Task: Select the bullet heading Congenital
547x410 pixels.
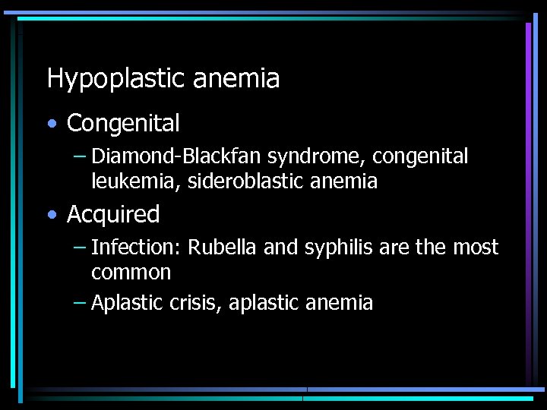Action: (123, 123)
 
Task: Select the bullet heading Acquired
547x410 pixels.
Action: (113, 216)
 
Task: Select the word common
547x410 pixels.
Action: (131, 272)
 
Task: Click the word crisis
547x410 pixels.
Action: (194, 303)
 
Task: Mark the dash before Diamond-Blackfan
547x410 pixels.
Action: (80, 157)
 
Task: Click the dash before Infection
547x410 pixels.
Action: (80, 248)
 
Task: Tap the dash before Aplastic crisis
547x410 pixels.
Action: (80, 303)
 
